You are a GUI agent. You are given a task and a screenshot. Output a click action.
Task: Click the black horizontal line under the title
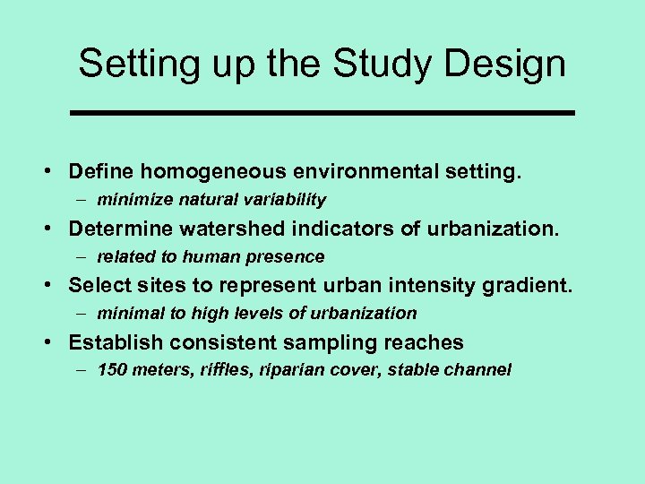pos(322,113)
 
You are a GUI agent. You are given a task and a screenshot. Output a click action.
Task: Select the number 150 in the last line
pos(112,370)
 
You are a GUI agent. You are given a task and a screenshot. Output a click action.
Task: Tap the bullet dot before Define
pos(55,171)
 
